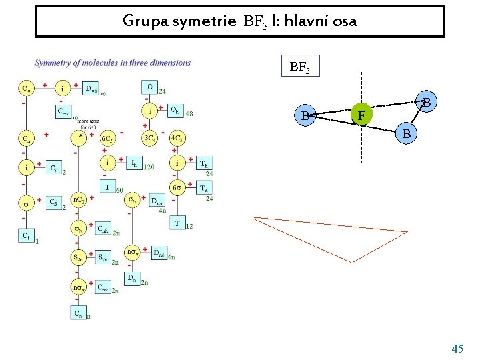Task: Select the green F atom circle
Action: (361, 115)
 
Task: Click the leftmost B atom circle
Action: (306, 116)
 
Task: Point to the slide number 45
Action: (457, 349)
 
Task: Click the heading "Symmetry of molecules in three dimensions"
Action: (113, 63)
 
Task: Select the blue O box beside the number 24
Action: (149, 87)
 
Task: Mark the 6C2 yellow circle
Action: (107, 138)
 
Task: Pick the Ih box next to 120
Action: (133, 163)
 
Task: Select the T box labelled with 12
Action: (177, 223)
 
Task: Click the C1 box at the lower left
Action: (25, 235)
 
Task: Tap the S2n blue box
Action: (103, 257)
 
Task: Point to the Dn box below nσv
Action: (132, 278)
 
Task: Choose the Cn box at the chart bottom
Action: (79, 312)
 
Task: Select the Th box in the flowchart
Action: (204, 163)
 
